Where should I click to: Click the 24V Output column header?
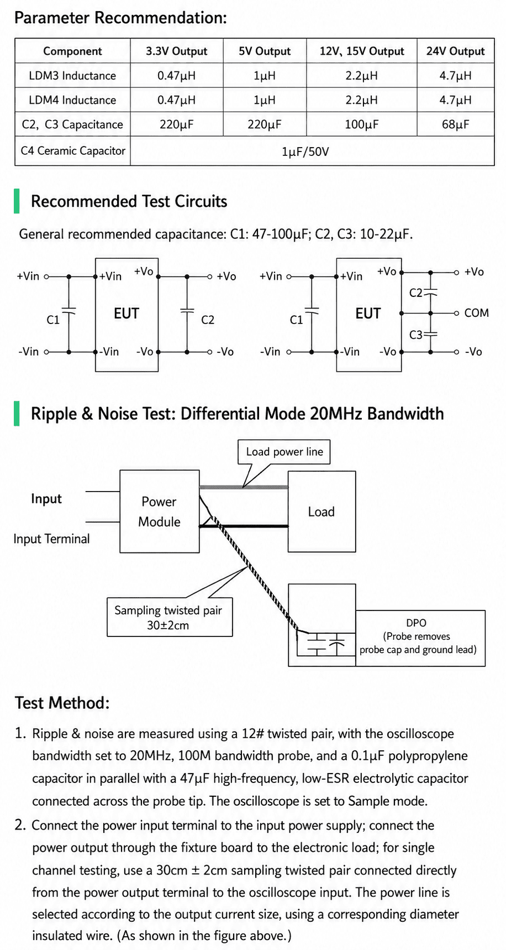coord(455,51)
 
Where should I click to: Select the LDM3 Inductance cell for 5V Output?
coord(265,76)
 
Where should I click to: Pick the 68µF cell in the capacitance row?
coord(455,124)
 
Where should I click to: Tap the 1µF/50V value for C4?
coord(305,152)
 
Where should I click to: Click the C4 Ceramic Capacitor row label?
coord(73,150)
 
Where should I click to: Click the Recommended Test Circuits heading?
coord(129,201)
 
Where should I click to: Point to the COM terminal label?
coord(476,313)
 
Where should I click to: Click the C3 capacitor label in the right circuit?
coord(415,335)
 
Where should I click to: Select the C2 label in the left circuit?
coord(208,320)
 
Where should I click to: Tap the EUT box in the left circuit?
coord(126,314)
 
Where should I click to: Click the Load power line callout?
coord(284,452)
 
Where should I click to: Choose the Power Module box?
coord(160,511)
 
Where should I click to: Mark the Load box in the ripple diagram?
coord(321,511)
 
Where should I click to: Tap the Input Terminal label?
coord(51,539)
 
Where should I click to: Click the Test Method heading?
coord(62,703)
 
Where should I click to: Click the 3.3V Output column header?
coord(176,51)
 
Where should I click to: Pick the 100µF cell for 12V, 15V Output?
coord(362,124)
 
